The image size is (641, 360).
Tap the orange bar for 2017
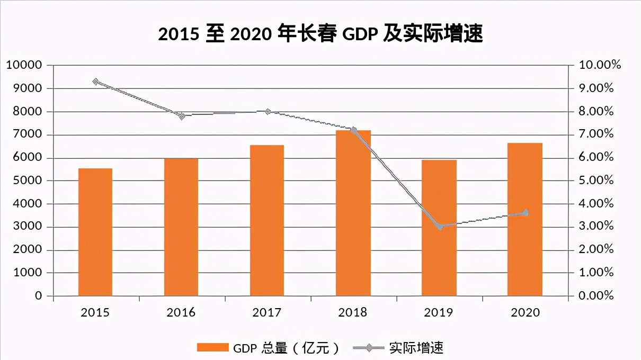pos(267,220)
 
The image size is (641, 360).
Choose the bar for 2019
pos(439,228)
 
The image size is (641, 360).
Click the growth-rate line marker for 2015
pos(96,82)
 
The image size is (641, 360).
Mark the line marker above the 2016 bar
pos(182,116)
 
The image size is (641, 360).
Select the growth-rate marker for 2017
pos(268,112)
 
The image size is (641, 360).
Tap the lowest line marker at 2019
pos(440,227)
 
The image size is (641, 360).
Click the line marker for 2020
pos(526,213)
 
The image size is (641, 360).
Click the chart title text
pos(320,34)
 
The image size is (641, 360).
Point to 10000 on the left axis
pos(23,65)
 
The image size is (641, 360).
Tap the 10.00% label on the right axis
pos(599,65)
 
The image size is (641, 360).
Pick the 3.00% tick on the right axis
pos(596,227)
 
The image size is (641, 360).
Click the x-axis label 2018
pos(353,312)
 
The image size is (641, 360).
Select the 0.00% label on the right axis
pos(596,296)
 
